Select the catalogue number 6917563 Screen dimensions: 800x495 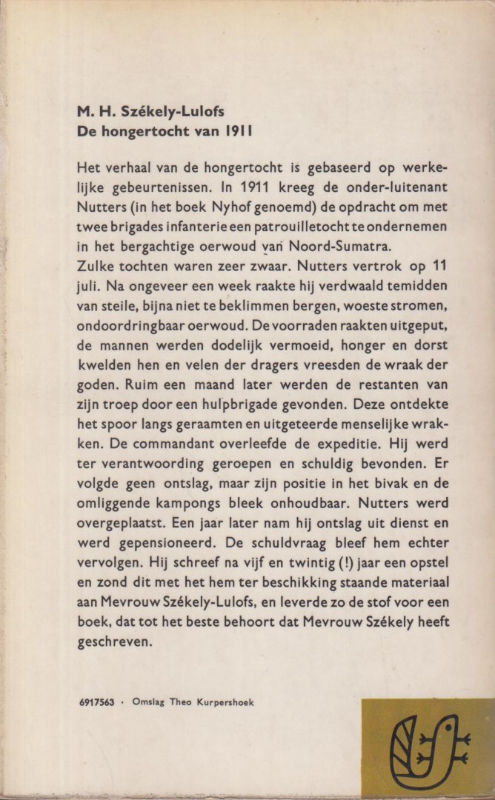tap(96, 702)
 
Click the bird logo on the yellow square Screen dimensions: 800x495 tap(428, 748)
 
